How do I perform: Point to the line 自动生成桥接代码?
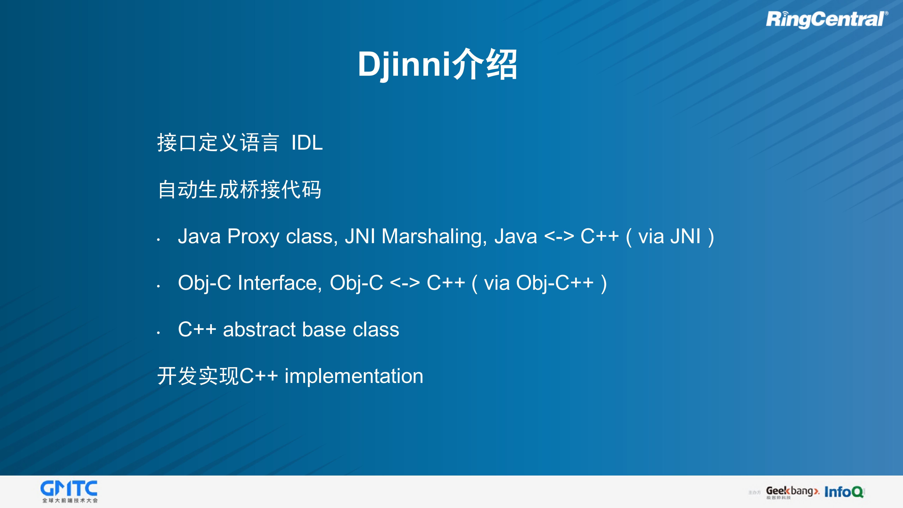pos(239,190)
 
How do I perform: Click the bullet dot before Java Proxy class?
pos(158,240)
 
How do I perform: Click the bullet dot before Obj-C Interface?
pos(158,286)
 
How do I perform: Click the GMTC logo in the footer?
pos(69,491)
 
